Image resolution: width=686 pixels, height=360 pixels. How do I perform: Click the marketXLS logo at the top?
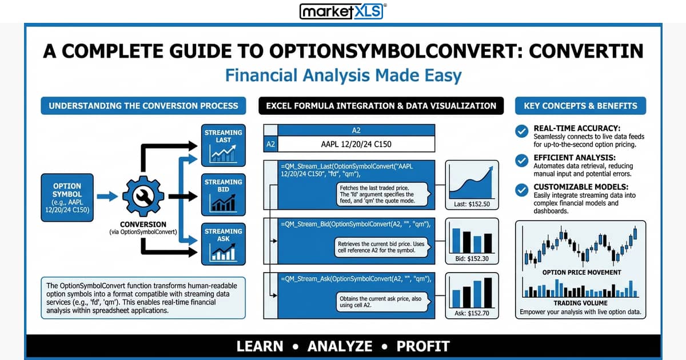pyautogui.click(x=342, y=11)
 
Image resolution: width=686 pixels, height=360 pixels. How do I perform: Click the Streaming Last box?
pyautogui.click(x=224, y=145)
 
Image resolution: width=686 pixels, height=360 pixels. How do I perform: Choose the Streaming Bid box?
pyautogui.click(x=224, y=195)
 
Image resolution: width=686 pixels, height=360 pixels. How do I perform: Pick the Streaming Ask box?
pyautogui.click(x=224, y=245)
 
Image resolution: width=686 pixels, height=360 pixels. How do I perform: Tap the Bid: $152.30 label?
pyautogui.click(x=472, y=259)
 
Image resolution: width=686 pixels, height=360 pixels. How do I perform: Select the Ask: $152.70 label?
pyautogui.click(x=472, y=313)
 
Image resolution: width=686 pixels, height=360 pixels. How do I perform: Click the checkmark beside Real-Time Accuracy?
pyautogui.click(x=521, y=131)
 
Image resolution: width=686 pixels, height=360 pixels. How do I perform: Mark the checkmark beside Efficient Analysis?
pyautogui.click(x=521, y=161)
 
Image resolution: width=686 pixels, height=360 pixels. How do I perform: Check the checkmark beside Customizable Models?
pyautogui.click(x=521, y=190)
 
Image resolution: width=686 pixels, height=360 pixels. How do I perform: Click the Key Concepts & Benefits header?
pyautogui.click(x=580, y=106)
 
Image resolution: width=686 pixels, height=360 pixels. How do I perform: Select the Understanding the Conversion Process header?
pyautogui.click(x=143, y=106)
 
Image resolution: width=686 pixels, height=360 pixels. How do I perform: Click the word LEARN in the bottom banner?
pyautogui.click(x=260, y=346)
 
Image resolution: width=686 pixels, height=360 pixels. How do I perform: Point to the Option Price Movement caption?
pyautogui.click(x=581, y=273)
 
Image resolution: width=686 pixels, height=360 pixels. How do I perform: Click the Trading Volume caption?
pyautogui.click(x=580, y=303)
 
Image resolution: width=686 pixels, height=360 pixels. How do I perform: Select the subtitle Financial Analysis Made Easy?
pyautogui.click(x=343, y=75)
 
